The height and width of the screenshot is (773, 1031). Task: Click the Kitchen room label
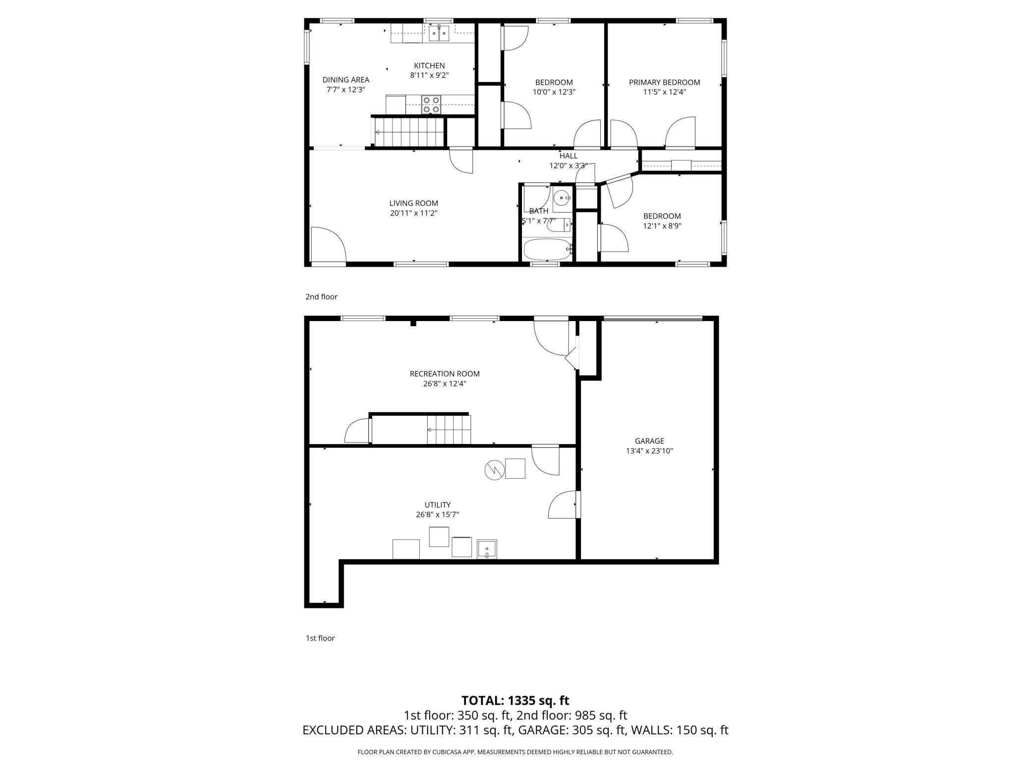(429, 65)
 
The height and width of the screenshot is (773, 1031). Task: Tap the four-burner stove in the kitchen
(431, 105)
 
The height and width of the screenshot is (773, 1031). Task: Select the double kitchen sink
(439, 33)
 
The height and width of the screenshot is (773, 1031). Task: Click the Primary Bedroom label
(664, 82)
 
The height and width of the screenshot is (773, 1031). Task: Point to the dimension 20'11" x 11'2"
(413, 213)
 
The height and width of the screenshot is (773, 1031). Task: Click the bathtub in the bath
(547, 249)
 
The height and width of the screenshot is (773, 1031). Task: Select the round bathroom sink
(562, 198)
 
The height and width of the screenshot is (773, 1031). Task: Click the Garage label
(649, 441)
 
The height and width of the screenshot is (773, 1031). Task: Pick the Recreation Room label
(445, 374)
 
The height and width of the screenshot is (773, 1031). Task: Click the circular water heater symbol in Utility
(493, 470)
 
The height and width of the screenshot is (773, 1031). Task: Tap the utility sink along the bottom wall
(487, 549)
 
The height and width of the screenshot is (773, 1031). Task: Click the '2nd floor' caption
(321, 297)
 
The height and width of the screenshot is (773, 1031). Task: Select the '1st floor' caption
(320, 638)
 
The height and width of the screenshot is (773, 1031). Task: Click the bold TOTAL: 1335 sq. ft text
(515, 701)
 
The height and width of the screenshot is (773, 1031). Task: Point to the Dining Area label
(346, 80)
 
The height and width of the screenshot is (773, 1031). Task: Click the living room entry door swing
(327, 244)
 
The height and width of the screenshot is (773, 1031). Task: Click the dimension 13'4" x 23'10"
(649, 451)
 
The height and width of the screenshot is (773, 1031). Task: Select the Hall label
(568, 156)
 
